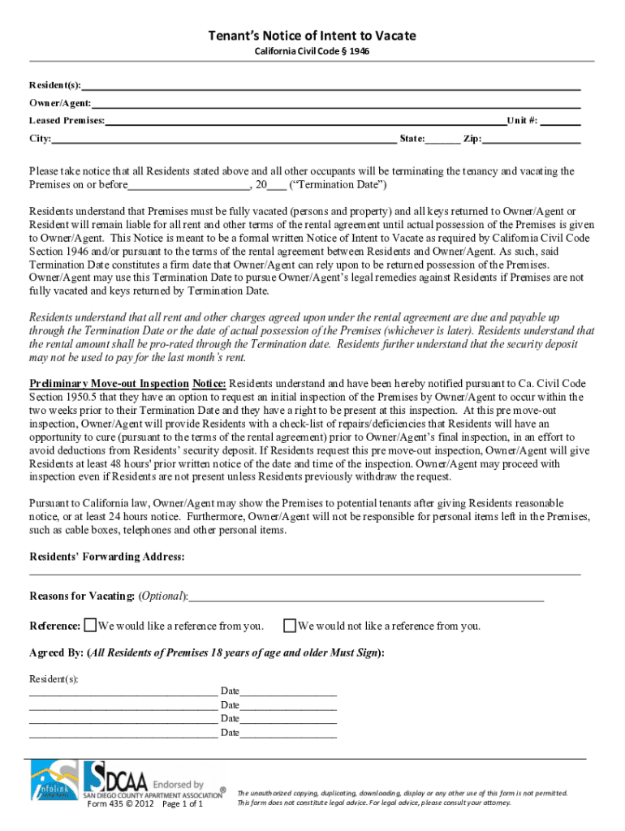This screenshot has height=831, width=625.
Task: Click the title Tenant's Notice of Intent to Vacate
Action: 312,36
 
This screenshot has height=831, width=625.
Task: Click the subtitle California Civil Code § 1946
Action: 312,52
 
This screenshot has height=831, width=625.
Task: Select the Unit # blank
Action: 561,122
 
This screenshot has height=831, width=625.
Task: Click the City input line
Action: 224,140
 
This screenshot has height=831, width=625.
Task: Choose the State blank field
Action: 442,140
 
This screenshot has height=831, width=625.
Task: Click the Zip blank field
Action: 532,140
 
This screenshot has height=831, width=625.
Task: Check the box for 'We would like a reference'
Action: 91,625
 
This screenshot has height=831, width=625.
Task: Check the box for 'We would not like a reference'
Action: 289,625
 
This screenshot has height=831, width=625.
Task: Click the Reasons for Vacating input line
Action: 365,597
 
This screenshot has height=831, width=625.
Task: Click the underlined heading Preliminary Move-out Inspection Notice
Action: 127,383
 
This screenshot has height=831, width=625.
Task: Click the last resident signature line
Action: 123,734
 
